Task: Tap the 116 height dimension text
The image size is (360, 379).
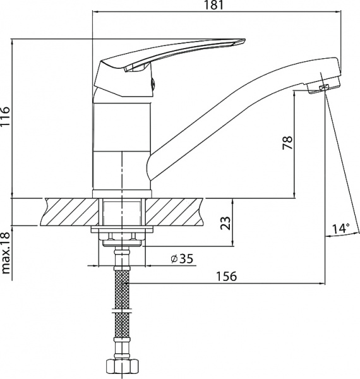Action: click(x=5, y=116)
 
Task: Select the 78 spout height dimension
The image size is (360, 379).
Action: click(x=287, y=143)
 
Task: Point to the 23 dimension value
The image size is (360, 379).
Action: click(x=225, y=223)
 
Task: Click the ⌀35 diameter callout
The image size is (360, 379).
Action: click(x=182, y=259)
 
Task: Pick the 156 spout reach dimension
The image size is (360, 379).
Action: click(x=226, y=276)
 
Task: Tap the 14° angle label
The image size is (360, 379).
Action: click(x=340, y=229)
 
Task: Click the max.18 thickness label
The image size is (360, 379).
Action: click(x=6, y=253)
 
